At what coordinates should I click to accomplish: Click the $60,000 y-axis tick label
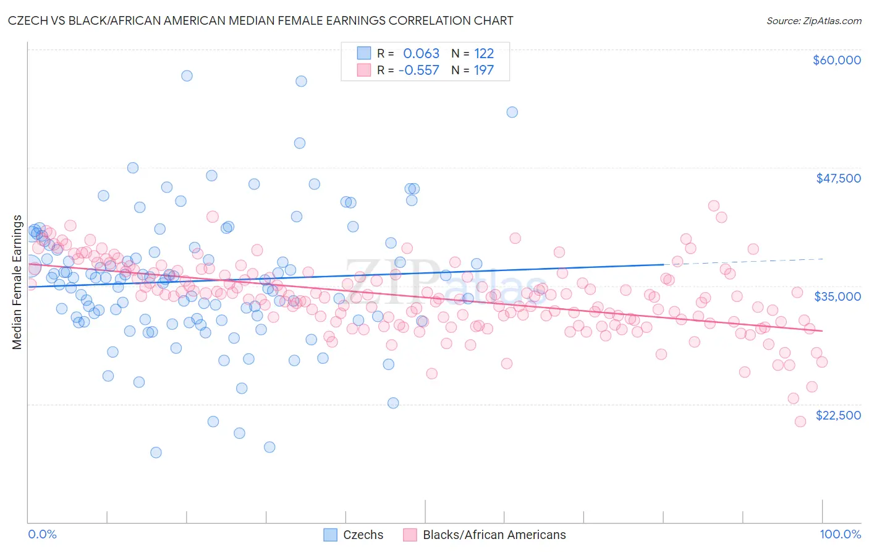(836, 60)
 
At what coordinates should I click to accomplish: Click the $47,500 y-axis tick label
(838, 178)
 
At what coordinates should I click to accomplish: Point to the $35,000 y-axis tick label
(837, 296)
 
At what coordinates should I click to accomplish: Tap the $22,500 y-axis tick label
(838, 415)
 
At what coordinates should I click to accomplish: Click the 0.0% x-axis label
(42, 534)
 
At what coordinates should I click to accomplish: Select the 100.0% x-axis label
(840, 534)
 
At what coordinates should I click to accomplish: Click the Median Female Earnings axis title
(17, 282)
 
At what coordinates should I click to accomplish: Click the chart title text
(260, 20)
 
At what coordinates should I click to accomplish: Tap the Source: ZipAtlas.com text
(813, 20)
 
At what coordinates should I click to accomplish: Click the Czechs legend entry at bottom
(363, 535)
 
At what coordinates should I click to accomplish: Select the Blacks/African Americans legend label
(494, 535)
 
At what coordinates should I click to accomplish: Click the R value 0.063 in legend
(421, 54)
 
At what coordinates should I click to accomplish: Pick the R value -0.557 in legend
(418, 70)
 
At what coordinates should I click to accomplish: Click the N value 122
(483, 54)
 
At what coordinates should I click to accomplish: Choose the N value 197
(483, 70)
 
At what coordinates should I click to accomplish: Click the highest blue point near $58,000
(187, 75)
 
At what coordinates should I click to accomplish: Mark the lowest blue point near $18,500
(156, 452)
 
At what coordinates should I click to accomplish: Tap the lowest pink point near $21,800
(800, 421)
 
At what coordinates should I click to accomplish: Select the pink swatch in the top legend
(364, 70)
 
